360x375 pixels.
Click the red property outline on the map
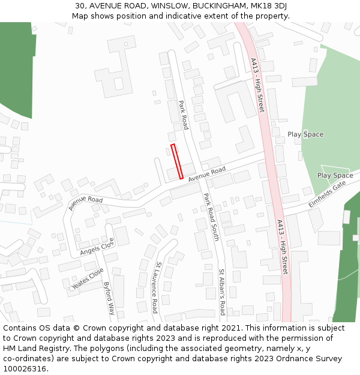point(177,161)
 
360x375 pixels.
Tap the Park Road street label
point(184,115)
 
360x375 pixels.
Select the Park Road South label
point(210,217)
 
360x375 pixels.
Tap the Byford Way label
point(109,298)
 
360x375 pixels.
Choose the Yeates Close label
point(88,279)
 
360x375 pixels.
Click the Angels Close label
point(97,246)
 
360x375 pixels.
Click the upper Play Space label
point(305,134)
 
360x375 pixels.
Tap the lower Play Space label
point(335,176)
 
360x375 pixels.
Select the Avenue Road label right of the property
point(207,175)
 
